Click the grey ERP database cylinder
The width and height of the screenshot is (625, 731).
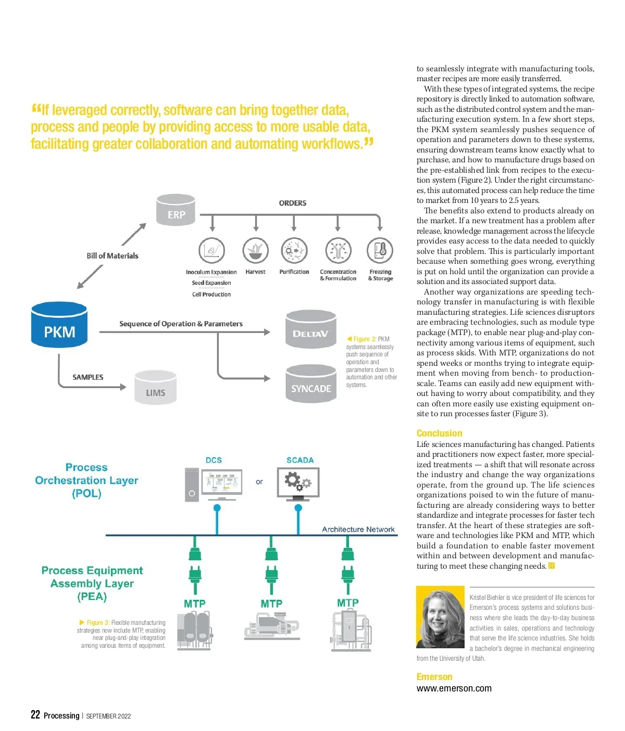(x=176, y=210)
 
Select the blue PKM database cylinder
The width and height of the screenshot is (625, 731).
(x=59, y=326)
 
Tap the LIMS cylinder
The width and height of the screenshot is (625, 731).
(x=155, y=388)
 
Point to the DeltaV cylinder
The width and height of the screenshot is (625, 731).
(x=311, y=329)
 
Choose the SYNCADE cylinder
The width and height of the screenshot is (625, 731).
(x=311, y=384)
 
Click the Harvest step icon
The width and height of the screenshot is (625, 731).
(x=255, y=251)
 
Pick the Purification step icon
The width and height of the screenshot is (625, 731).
(x=294, y=251)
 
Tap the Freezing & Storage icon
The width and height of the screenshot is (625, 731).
(x=380, y=251)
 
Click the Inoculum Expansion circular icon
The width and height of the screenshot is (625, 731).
(x=211, y=251)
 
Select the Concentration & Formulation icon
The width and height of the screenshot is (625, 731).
(x=338, y=251)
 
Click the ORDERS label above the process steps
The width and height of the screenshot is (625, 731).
(x=293, y=203)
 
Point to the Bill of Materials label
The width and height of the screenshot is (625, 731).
(x=113, y=256)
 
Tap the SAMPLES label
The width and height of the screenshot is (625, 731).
(x=88, y=377)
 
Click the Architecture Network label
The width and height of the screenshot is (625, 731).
(x=358, y=529)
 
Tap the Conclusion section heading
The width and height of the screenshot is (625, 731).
(x=439, y=433)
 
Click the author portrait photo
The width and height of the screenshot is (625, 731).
(x=441, y=617)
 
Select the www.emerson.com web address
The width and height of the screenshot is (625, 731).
(x=454, y=688)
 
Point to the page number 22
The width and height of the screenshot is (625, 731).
(x=35, y=714)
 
